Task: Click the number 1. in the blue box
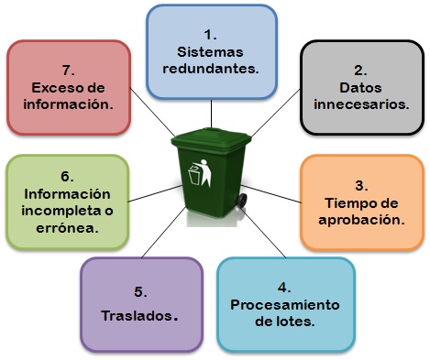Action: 210,34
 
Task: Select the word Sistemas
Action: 210,51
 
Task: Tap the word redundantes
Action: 210,69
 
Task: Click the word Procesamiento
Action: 285,304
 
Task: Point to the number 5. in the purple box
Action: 140,291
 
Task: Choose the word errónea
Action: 66,228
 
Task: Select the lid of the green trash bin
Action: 210,142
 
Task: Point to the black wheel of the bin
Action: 241,201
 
